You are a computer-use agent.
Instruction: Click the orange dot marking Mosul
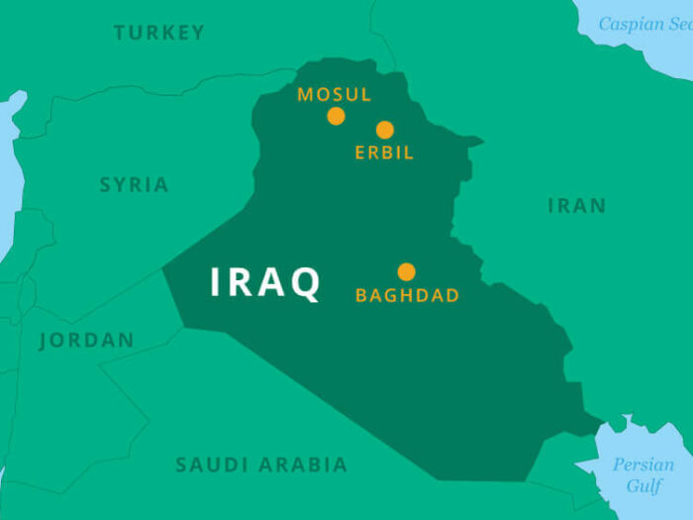(337, 116)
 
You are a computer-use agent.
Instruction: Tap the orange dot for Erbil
(385, 130)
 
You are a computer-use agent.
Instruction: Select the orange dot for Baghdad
(406, 271)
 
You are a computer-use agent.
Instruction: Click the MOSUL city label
(335, 95)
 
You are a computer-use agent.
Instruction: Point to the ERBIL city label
(384, 153)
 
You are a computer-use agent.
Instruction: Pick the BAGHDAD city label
(407, 295)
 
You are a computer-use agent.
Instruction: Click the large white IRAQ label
(265, 283)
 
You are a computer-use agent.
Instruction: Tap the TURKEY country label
(159, 33)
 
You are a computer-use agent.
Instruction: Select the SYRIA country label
(134, 185)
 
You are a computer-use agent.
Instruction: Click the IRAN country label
(576, 206)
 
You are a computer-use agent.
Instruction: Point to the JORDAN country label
(87, 341)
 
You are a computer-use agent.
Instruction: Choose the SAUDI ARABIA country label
(261, 465)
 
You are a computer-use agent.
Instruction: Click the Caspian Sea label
(644, 24)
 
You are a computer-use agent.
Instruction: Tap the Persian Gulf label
(643, 475)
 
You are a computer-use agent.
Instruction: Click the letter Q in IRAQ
(305, 284)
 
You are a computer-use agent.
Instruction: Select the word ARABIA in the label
(303, 465)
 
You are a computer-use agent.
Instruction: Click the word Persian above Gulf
(643, 465)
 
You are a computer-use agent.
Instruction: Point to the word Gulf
(643, 486)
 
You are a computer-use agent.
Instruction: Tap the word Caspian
(632, 24)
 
